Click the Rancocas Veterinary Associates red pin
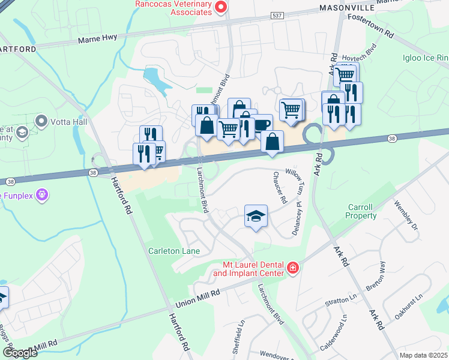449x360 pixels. [221, 7]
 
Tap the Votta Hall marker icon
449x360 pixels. [41, 122]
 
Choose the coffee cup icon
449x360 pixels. [262, 124]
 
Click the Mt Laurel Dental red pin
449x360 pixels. [293, 268]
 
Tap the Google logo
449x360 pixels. [21, 353]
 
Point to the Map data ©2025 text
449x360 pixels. [423, 355]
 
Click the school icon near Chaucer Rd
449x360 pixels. [256, 216]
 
